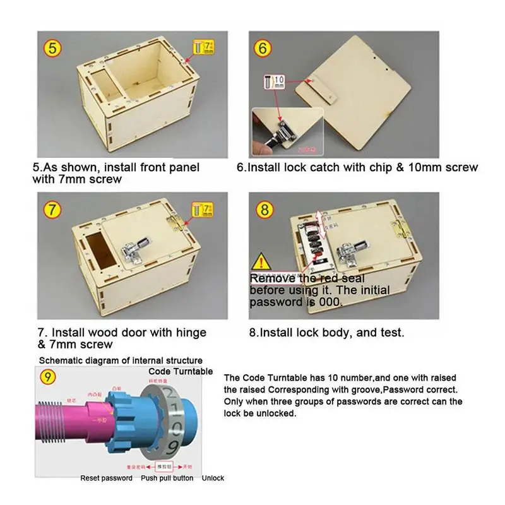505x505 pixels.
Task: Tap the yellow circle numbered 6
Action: click(x=264, y=47)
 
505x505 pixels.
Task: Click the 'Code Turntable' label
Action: click(x=180, y=371)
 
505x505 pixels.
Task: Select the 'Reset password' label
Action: click(x=106, y=478)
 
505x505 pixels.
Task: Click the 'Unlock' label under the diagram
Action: click(x=213, y=478)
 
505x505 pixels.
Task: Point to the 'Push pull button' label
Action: click(x=167, y=478)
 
